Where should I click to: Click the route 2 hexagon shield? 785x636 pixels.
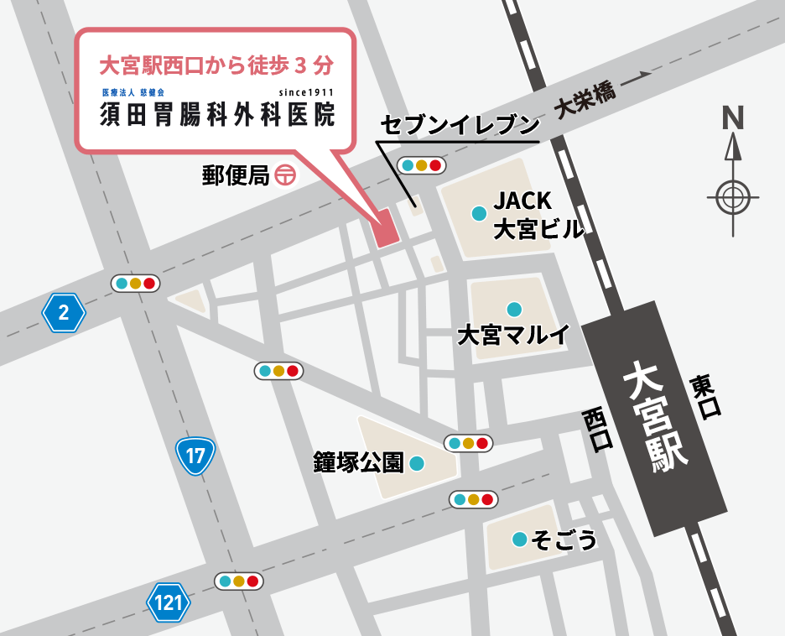pyautogui.click(x=64, y=314)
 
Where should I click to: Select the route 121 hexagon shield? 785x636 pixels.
pyautogui.click(x=169, y=602)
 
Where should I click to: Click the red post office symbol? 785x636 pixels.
pyautogui.click(x=285, y=175)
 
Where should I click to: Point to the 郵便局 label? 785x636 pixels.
pyautogui.click(x=235, y=175)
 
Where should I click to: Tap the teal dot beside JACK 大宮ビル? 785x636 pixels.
pyautogui.click(x=479, y=213)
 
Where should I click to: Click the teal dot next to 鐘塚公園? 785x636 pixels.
pyautogui.click(x=417, y=462)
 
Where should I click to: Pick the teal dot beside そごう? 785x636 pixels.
pyautogui.click(x=520, y=540)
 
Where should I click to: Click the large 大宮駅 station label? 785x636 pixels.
pyautogui.click(x=657, y=414)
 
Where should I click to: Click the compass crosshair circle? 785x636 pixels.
pyautogui.click(x=733, y=199)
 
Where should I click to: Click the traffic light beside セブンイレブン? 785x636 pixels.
pyautogui.click(x=421, y=165)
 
